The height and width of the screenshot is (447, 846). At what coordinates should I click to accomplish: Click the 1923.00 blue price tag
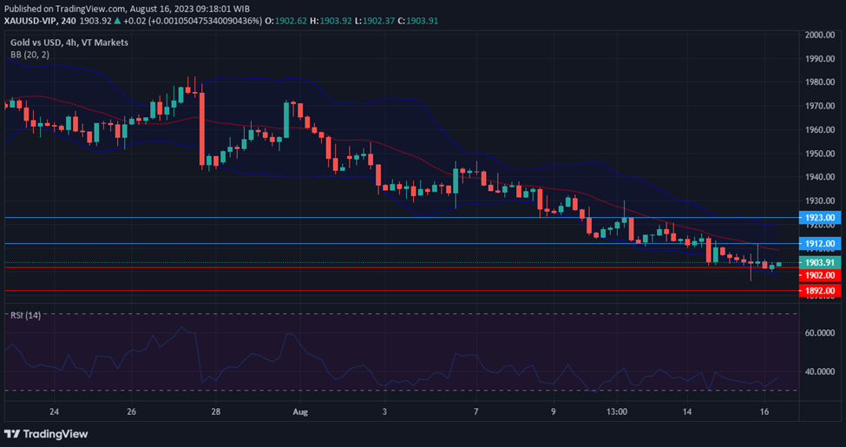point(819,217)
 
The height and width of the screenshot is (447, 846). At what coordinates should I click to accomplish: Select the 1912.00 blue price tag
point(819,244)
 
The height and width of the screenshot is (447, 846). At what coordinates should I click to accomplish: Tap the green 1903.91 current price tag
point(819,262)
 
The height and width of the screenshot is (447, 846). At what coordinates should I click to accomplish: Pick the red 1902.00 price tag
point(819,274)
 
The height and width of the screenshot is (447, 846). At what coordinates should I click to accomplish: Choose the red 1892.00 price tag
point(819,291)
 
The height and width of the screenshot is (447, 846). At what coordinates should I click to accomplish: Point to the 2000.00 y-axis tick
point(819,35)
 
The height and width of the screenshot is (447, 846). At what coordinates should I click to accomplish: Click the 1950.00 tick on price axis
point(819,154)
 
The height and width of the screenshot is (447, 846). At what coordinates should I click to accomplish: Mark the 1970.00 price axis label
point(819,106)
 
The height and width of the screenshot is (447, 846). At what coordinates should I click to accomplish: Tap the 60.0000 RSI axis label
point(819,332)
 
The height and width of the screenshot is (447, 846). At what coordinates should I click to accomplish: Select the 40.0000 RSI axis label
point(819,371)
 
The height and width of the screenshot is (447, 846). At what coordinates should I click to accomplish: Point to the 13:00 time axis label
point(617,411)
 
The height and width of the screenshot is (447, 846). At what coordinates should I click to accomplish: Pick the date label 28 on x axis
point(215,411)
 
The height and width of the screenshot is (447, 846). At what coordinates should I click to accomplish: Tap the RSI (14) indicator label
point(25,314)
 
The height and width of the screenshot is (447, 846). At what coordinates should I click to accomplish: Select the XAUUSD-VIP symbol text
point(32,21)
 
